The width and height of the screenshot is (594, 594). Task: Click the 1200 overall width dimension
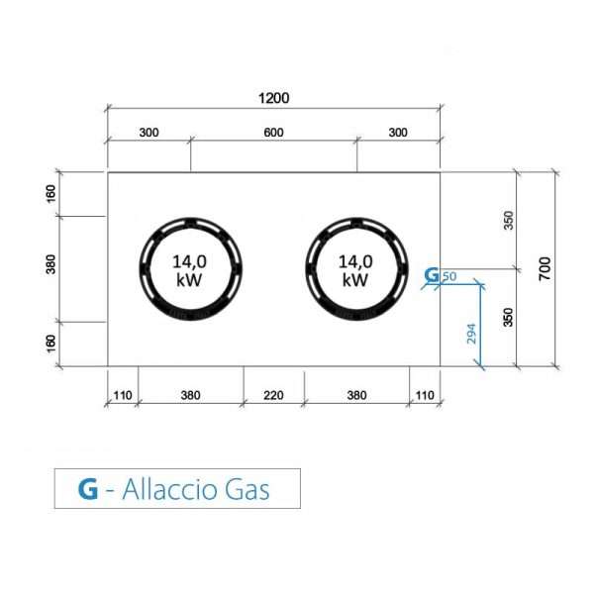(x=273, y=98)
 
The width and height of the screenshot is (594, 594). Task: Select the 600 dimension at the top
(x=273, y=133)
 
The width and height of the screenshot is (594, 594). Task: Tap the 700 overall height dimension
(x=545, y=268)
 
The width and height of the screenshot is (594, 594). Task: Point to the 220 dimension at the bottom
(x=273, y=395)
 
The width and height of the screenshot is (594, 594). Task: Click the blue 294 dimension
(x=471, y=334)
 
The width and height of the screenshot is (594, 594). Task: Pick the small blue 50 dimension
(x=449, y=276)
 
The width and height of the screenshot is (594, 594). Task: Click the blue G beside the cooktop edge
(x=432, y=275)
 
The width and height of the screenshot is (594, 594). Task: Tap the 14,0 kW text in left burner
(x=189, y=270)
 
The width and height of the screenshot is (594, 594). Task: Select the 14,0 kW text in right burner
(x=355, y=270)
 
